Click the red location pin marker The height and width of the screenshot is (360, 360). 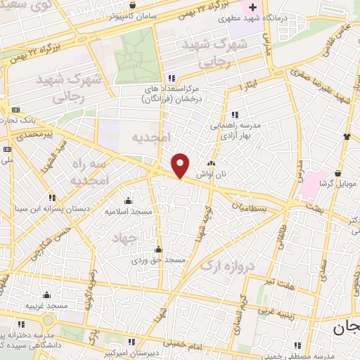[181, 165]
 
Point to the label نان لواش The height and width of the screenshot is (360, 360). [217, 173]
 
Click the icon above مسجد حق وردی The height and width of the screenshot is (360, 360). [159, 250]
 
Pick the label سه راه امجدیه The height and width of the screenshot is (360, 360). [87, 172]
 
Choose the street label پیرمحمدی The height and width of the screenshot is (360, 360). [34, 132]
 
